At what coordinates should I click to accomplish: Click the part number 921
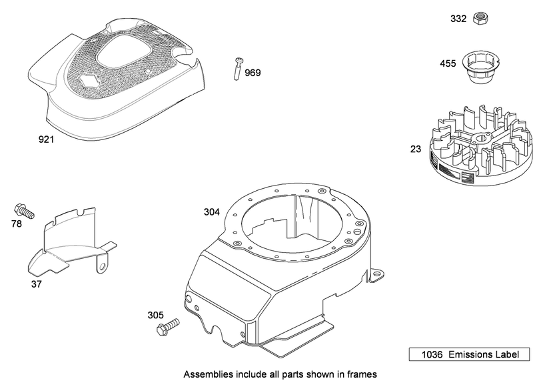point(46,140)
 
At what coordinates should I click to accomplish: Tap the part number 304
point(211,212)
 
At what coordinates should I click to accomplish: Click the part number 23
point(416,149)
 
